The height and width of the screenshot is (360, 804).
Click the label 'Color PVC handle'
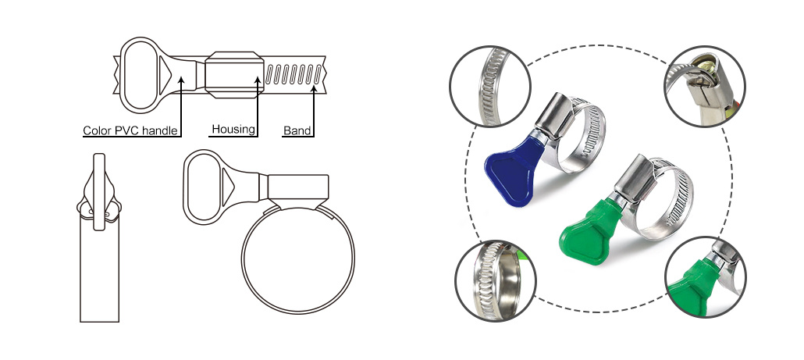tap(130, 130)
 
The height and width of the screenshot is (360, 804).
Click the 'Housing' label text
tap(233, 129)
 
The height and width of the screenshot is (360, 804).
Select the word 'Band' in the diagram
tap(297, 130)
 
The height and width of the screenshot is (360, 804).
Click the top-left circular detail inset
tap(489, 86)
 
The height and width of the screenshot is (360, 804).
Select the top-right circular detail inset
tap(705, 86)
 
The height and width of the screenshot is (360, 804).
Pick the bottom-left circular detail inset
tap(496, 281)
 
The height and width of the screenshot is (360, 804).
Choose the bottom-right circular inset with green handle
tap(706, 277)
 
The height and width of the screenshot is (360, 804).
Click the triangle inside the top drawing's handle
tap(165, 76)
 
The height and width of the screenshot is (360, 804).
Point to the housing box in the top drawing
tap(234, 74)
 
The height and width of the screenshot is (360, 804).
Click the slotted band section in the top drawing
tap(293, 75)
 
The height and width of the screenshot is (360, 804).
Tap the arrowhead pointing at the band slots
tap(314, 90)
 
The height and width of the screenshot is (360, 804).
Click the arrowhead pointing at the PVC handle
tap(181, 79)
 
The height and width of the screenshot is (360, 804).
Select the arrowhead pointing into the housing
tap(258, 79)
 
